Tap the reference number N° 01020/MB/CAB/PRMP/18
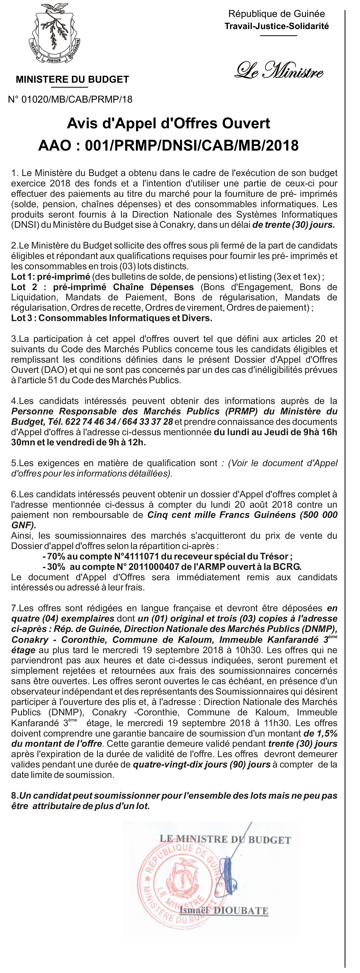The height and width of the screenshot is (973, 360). (70, 99)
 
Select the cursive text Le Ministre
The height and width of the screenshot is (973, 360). (279, 70)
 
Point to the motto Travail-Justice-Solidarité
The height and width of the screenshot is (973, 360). (276, 26)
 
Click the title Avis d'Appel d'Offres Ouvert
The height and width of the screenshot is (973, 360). (169, 123)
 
